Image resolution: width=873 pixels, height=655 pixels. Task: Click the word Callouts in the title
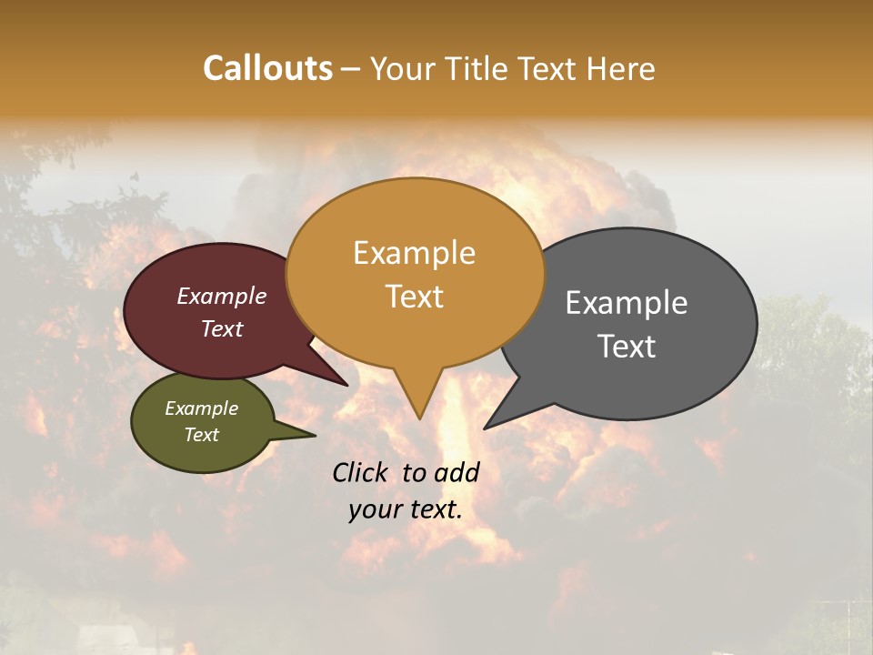(x=267, y=68)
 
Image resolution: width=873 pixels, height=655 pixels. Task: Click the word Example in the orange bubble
(x=414, y=253)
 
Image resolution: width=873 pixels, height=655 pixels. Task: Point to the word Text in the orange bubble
(x=414, y=297)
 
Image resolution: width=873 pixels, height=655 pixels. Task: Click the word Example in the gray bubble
(x=627, y=303)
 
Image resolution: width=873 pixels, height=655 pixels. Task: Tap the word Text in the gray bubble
(x=627, y=347)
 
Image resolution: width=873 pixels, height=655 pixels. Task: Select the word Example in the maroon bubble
(x=222, y=297)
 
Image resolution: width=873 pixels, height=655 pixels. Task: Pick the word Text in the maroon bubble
(x=222, y=329)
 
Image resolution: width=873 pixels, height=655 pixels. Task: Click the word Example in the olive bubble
(x=201, y=408)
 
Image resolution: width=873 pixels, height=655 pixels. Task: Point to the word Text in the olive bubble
(x=201, y=435)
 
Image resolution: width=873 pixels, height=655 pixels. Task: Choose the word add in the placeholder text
(x=457, y=472)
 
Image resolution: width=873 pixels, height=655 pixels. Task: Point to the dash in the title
(x=351, y=69)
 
